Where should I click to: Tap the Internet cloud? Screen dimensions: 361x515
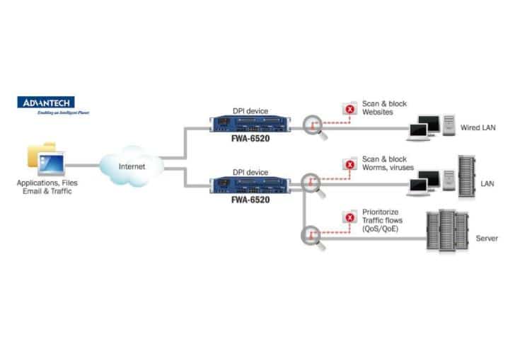pyautogui.click(x=131, y=165)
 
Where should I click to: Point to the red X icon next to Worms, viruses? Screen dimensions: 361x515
pyautogui.click(x=349, y=166)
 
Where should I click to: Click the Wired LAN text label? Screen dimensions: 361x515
pyautogui.click(x=478, y=128)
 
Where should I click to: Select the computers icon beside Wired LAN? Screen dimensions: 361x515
pyautogui.click(x=432, y=127)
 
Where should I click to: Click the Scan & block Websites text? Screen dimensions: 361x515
pyautogui.click(x=384, y=108)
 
